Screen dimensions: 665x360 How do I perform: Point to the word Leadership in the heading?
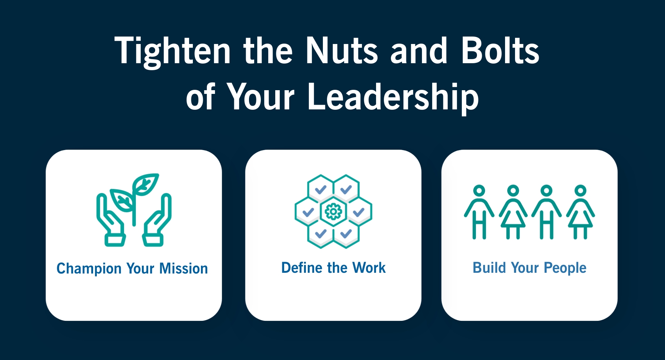pyautogui.click(x=393, y=97)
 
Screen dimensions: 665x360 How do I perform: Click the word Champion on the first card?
pyautogui.click(x=89, y=269)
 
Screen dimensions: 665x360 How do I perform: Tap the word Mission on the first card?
pyautogui.click(x=184, y=268)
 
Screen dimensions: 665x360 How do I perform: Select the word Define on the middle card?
pyautogui.click(x=301, y=268)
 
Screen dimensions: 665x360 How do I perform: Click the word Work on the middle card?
pyautogui.click(x=369, y=268)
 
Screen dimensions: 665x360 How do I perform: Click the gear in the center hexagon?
pyautogui.click(x=333, y=211)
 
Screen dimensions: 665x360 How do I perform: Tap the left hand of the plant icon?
pyautogui.click(x=110, y=220)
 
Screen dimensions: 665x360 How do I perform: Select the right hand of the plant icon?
pyautogui.click(x=157, y=220)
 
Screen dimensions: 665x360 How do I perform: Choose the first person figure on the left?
pyautogui.click(x=479, y=212)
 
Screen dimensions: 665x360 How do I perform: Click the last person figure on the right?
pyautogui.click(x=580, y=212)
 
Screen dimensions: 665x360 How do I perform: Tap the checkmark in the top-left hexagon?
pyautogui.click(x=321, y=190)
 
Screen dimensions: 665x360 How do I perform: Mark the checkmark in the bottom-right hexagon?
pyautogui.click(x=346, y=234)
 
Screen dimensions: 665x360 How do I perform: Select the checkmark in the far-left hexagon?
pyautogui.click(x=308, y=212)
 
